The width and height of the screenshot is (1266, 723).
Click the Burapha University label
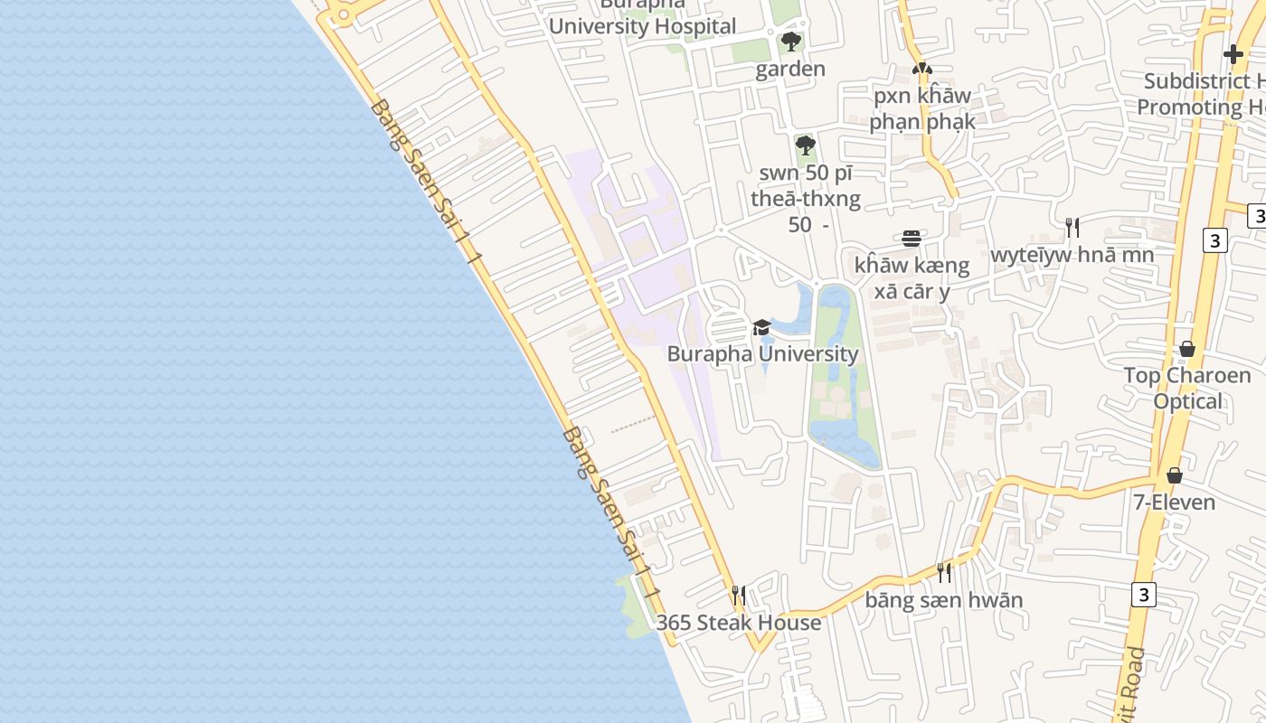coord(762,353)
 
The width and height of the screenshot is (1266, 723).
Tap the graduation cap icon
coord(761,327)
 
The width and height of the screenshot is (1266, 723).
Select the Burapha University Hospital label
coord(642,26)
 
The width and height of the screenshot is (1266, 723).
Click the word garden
coord(790,70)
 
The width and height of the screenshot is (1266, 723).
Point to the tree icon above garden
coord(790,42)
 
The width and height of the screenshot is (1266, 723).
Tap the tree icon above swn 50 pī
coord(805,146)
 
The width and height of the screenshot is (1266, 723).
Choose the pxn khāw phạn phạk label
coord(922,108)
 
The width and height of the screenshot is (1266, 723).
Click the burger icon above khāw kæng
coord(912,239)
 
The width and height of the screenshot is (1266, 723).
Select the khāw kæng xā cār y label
coord(912,278)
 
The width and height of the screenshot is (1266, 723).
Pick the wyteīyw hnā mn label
coord(1072,255)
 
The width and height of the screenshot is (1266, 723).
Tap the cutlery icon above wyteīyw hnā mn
coord(1072,227)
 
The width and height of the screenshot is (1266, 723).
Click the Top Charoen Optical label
coord(1187,388)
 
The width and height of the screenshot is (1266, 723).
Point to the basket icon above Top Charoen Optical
coord(1187,349)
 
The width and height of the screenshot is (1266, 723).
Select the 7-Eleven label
coord(1174,502)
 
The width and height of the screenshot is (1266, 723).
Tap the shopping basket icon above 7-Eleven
coord(1174,474)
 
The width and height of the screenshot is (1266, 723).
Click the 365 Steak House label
coord(739,623)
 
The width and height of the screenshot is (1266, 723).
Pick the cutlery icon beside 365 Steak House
coord(739,595)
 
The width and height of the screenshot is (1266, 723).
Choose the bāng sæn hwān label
coord(944,600)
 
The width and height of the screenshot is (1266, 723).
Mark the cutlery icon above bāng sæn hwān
coord(944,572)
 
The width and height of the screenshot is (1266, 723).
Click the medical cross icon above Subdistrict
coord(1233,54)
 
